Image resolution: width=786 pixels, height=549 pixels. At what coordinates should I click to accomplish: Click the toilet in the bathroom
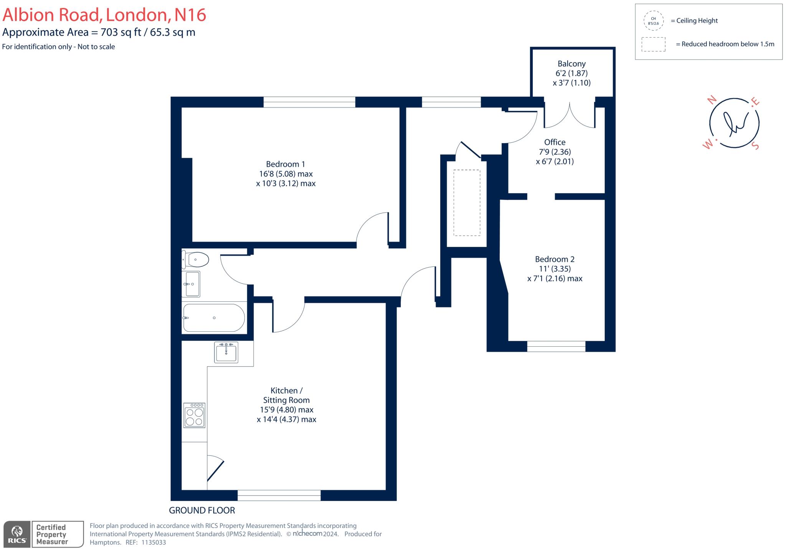coord(195,260)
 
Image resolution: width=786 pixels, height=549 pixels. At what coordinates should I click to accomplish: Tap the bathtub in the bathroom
coord(214,318)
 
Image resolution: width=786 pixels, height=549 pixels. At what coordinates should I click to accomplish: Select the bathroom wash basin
coord(192,284)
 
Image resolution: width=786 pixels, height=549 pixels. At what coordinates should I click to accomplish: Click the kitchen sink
coord(226,352)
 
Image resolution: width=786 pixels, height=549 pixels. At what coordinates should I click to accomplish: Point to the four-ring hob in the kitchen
coord(195,415)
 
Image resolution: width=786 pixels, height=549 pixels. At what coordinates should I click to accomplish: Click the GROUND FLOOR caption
coord(202,510)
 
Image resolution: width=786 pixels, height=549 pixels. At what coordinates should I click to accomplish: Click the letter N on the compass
coord(712,100)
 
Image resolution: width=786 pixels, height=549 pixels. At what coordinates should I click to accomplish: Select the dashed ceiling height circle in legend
coord(653,21)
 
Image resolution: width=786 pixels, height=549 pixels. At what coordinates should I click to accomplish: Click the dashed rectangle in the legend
coord(653,44)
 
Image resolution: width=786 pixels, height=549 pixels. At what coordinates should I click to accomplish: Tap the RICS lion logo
coord(17,534)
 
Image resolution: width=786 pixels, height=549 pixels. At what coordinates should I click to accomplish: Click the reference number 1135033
coord(154,542)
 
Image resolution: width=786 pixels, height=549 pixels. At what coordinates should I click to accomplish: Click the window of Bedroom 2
coord(556,346)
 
